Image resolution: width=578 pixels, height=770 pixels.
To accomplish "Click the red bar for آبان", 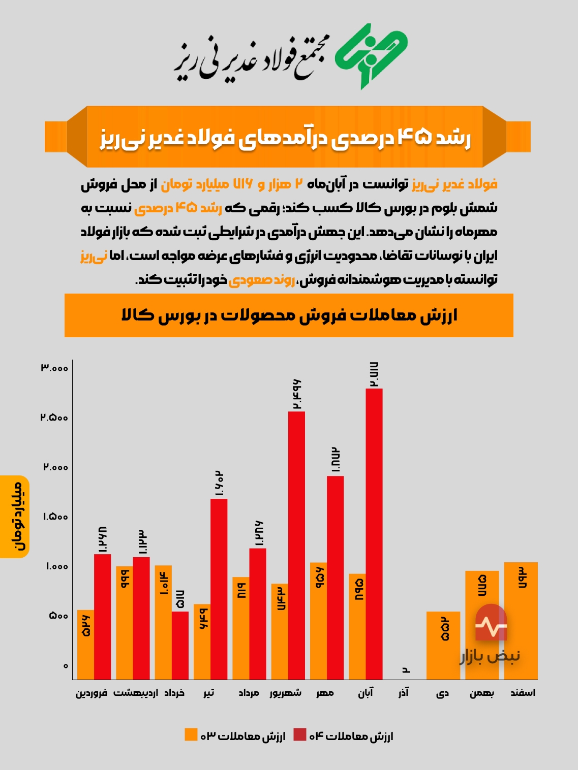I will (374, 533).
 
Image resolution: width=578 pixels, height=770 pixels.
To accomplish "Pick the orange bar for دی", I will (443, 645).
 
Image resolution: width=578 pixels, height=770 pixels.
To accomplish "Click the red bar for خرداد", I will (180, 645).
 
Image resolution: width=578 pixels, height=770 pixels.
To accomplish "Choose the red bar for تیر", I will (219, 589).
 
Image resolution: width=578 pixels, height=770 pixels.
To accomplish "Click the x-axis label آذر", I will (404, 693).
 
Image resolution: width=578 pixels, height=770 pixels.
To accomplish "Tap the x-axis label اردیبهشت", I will (135, 693).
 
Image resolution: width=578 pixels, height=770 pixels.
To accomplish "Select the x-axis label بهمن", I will (481, 693).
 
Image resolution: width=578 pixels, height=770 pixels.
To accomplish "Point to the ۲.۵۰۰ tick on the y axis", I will (54, 418).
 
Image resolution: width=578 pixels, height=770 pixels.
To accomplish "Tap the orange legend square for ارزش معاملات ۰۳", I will (191, 734).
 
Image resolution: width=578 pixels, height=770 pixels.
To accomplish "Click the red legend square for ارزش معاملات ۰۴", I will (300, 734).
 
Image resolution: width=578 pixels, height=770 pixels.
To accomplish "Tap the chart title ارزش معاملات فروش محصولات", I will (289, 315).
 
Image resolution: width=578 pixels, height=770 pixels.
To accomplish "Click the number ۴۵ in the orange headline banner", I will (414, 137).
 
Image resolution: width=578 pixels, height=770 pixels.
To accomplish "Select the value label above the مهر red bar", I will (335, 460).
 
